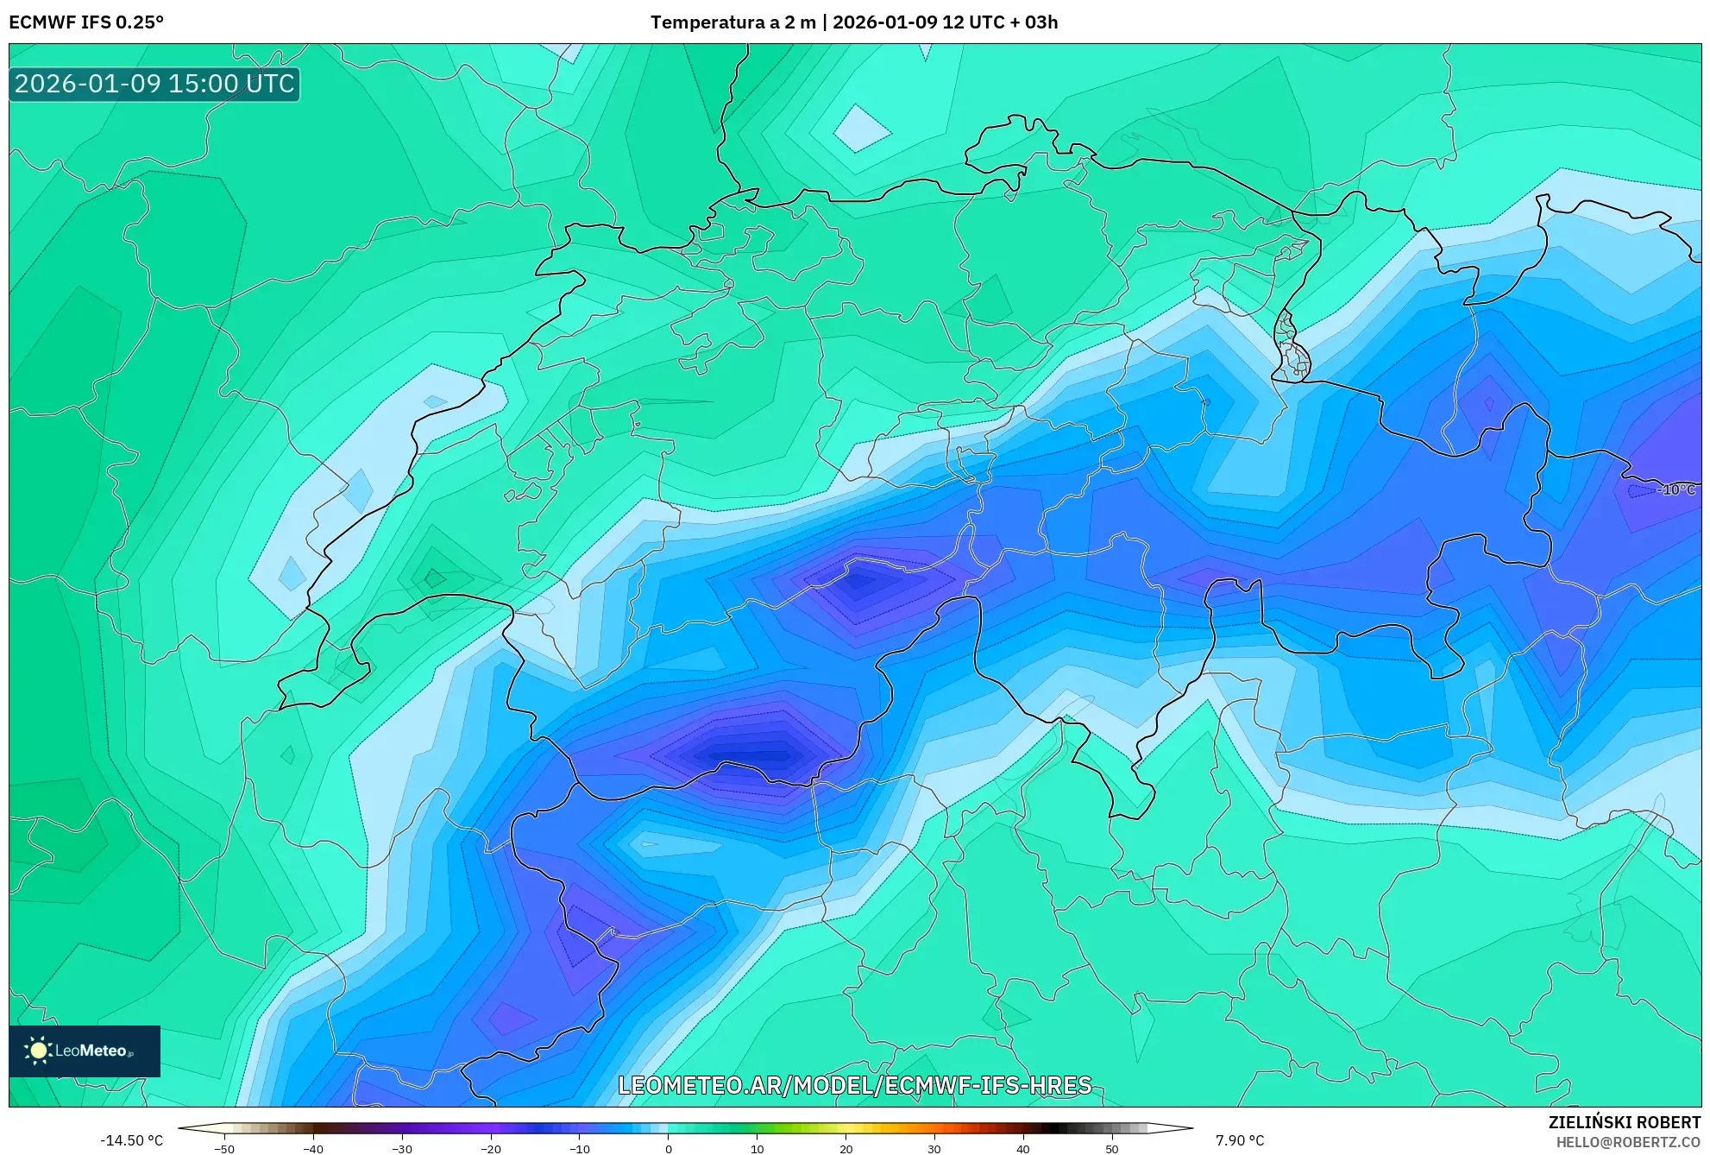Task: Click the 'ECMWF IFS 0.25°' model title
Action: pos(86,22)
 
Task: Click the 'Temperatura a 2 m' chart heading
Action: pos(732,22)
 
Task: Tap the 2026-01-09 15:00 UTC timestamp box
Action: pos(154,84)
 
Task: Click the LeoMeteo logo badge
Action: pos(85,1051)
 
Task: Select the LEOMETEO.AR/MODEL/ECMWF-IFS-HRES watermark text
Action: pos(855,1085)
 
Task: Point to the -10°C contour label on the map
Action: pos(1675,489)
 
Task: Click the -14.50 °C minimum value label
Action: pos(131,1140)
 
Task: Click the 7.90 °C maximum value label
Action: pos(1240,1140)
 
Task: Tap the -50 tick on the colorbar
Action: pos(224,1149)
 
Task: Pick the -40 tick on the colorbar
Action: pos(313,1149)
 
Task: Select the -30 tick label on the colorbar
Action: pos(402,1149)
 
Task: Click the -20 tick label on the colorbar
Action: pos(491,1149)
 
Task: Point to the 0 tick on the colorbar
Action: pos(669,1149)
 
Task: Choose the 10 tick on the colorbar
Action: pos(758,1149)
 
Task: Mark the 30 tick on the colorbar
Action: pos(934,1149)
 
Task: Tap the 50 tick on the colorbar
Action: pos(1112,1149)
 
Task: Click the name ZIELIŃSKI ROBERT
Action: pos(1625,1122)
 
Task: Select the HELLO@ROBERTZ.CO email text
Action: pos(1628,1142)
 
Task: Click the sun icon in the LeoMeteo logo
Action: pos(38,1050)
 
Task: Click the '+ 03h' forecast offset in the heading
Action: pos(1034,22)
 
